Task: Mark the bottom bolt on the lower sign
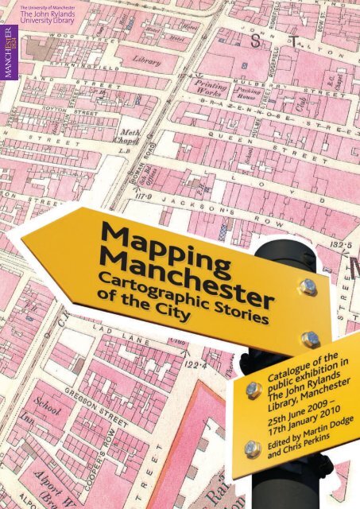pyautogui.click(x=253, y=449)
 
